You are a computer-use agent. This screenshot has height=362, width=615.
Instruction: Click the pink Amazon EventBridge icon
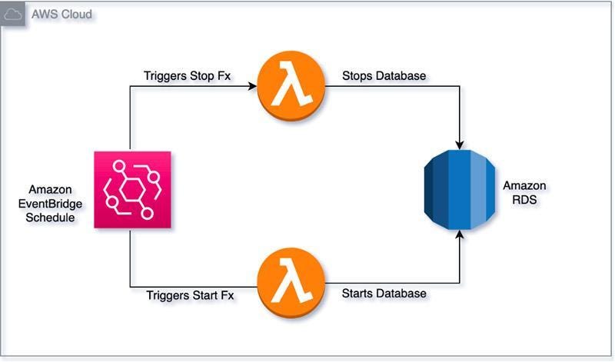[x=132, y=190]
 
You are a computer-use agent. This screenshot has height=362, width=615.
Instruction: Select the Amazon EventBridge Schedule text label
[x=51, y=204]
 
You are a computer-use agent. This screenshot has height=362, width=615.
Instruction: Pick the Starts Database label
[x=384, y=293]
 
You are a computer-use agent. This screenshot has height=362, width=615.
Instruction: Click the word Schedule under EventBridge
[x=51, y=218]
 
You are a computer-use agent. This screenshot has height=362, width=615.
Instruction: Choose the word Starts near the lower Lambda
[x=357, y=293]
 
